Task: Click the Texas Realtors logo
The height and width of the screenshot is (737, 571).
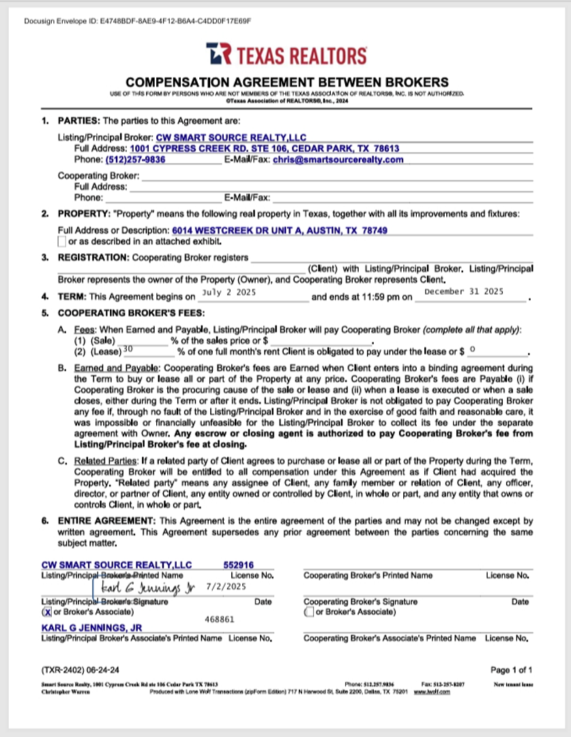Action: coord(286,54)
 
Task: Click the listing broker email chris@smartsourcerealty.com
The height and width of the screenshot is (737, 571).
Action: coord(338,160)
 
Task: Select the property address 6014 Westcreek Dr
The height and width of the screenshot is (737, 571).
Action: coord(280,231)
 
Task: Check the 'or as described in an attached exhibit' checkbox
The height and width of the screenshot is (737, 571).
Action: coord(61,241)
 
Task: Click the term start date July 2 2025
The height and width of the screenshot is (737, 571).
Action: coord(229,292)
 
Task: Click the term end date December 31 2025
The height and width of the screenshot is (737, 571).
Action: coord(463,291)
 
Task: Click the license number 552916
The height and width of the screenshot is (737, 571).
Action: coord(238,565)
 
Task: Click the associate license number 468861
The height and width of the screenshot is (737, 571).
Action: coord(219,620)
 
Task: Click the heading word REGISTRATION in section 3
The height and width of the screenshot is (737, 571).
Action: coord(93,257)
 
